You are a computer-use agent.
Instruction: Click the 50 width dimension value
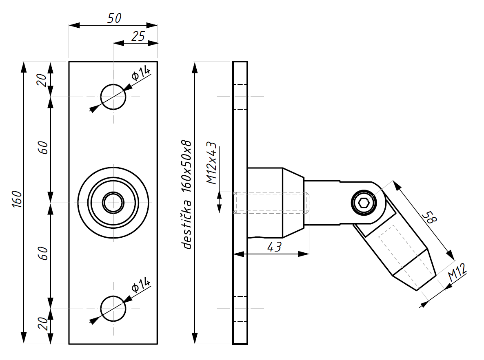pyautogui.click(x=114, y=18)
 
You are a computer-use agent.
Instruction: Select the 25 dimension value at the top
pyautogui.click(x=138, y=36)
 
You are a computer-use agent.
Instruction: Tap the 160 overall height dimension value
pyautogui.click(x=17, y=199)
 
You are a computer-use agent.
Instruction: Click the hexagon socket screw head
pyautogui.click(x=364, y=203)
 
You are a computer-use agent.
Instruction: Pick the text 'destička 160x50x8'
pyautogui.click(x=187, y=194)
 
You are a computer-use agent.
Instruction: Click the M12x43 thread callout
pyautogui.click(x=212, y=163)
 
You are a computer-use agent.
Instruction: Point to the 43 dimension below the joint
pyautogui.click(x=274, y=247)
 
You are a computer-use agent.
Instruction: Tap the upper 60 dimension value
pyautogui.click(x=43, y=148)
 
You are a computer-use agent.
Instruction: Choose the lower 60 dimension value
pyautogui.click(x=43, y=253)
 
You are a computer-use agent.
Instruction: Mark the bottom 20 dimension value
pyautogui.click(x=42, y=324)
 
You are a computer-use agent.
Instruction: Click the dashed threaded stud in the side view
pyautogui.click(x=271, y=203)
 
